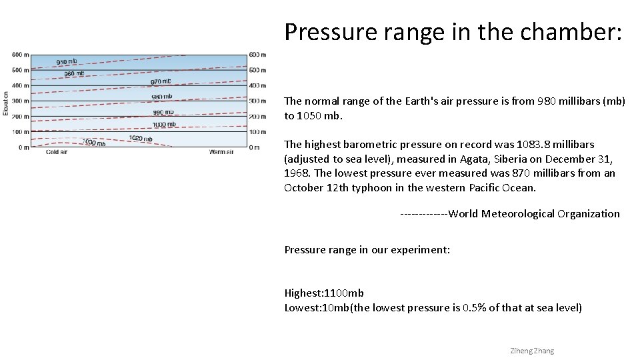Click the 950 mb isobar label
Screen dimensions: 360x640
click(x=66, y=61)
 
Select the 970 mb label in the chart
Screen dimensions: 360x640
click(x=161, y=81)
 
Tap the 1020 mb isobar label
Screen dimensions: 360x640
click(x=141, y=139)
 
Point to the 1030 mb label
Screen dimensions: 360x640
click(x=94, y=143)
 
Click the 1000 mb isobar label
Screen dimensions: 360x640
click(x=164, y=124)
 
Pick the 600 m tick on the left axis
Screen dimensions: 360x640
click(x=20, y=55)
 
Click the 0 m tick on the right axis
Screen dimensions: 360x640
click(x=254, y=147)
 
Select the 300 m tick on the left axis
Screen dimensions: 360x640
click(x=20, y=101)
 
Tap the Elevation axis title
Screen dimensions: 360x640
click(x=6, y=103)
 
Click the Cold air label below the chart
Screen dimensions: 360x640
click(x=57, y=152)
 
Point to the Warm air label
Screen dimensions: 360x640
click(x=221, y=152)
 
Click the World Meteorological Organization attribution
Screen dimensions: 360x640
click(x=534, y=214)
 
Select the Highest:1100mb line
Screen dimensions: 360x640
click(x=324, y=293)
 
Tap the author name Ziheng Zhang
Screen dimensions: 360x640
click(x=531, y=351)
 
